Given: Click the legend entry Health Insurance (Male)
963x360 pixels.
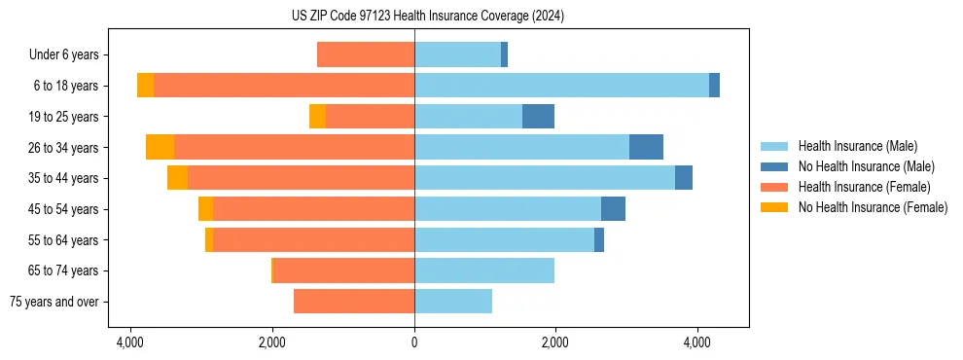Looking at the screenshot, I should (857, 146).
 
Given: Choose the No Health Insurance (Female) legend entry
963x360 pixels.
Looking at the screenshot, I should (873, 207).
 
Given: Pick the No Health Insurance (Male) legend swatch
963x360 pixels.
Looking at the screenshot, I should (775, 166).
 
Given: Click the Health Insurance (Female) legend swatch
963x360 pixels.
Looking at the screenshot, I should (775, 187).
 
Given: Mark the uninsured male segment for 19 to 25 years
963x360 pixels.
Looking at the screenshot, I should (538, 117).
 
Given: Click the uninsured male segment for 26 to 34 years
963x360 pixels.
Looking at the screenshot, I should (646, 147).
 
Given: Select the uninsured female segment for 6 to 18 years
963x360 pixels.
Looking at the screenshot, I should (145, 86).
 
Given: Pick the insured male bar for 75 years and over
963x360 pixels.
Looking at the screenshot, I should (453, 302).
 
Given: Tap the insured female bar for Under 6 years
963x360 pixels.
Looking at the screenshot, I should (366, 54).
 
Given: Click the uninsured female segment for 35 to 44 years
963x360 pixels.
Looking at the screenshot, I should (177, 178).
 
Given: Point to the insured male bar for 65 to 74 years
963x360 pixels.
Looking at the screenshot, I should (484, 270).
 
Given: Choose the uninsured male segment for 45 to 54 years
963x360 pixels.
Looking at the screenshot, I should (613, 209).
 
